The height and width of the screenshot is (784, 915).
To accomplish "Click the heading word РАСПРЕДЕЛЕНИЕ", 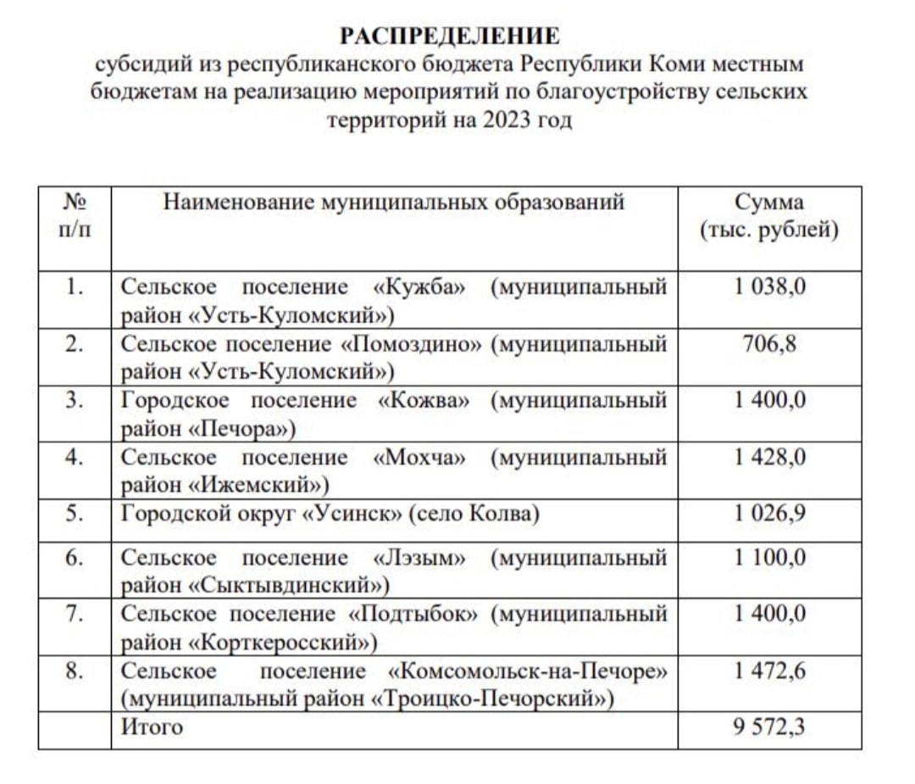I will pos(450,36).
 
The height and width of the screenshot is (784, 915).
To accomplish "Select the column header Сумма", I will pos(769,203).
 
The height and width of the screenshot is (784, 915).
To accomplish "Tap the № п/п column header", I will pos(75,216).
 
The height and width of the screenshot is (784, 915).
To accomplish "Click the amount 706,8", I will pos(769,344).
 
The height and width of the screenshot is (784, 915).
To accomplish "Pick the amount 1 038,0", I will pos(769,286).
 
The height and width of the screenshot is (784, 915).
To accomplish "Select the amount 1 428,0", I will pos(769,458).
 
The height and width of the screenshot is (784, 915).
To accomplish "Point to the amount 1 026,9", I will pos(769,514).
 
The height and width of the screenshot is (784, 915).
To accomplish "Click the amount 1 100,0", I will pos(769,558).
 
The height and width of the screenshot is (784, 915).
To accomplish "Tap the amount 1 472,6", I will pos(769,671).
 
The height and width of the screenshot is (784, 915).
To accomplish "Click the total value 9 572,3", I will pos(769,726).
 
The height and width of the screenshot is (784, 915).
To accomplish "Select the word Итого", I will pos(152,726).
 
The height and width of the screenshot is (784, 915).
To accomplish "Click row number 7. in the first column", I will pos(75,614).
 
